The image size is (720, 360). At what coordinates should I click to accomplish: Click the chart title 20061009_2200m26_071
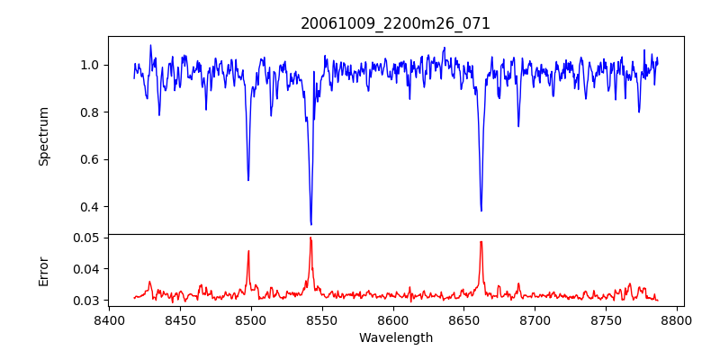coord(395,23)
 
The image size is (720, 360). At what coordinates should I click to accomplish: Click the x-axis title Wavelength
coord(395,338)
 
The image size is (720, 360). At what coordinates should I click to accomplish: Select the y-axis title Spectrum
coord(44,136)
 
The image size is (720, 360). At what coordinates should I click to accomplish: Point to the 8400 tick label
coord(109,319)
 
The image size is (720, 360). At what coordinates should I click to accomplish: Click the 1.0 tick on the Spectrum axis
coord(91,65)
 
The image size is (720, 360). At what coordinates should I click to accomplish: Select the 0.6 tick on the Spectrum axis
coord(91,159)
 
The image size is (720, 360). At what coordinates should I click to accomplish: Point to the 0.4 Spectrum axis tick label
coord(91,206)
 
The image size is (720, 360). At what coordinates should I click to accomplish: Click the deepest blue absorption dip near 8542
coord(310,224)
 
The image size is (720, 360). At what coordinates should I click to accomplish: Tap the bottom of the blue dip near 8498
coord(248,180)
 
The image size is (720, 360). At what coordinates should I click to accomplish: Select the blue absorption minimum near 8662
coord(481,211)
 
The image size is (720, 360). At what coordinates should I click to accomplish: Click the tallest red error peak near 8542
coord(310,238)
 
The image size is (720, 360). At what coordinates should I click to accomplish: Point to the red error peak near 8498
coord(248,251)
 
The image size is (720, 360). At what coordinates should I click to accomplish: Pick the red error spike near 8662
coord(481,241)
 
